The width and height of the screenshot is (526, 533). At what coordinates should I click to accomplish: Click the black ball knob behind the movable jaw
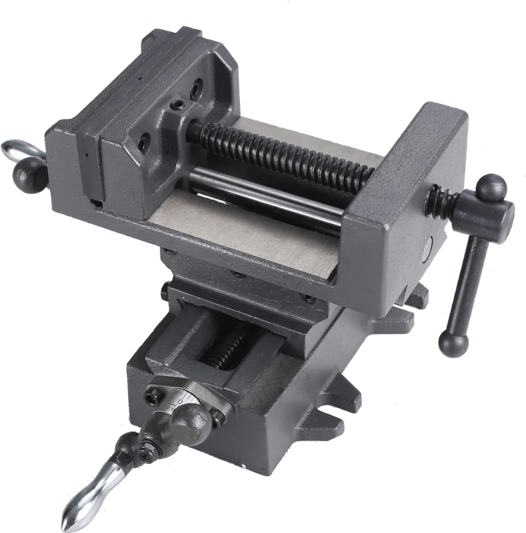[29, 174]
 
